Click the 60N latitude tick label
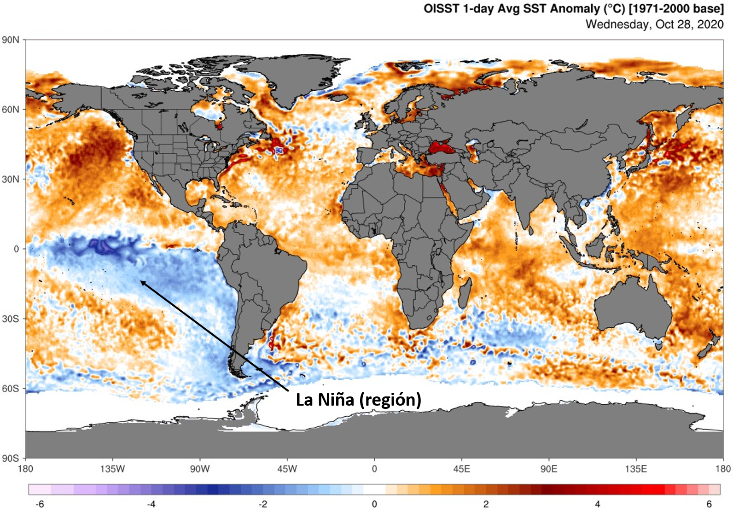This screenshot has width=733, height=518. point(11,110)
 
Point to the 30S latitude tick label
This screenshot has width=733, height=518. point(11,319)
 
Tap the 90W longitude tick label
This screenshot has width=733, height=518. point(200,469)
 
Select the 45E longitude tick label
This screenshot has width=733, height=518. point(461,469)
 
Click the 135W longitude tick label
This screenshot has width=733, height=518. point(112,469)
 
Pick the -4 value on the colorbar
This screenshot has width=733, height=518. point(151,504)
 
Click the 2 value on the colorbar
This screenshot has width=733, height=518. point(486,504)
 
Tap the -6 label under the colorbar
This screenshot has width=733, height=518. point(40,504)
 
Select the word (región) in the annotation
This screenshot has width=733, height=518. point(390,400)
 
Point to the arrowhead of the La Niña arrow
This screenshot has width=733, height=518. point(141,281)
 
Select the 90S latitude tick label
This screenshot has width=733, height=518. point(11,458)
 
